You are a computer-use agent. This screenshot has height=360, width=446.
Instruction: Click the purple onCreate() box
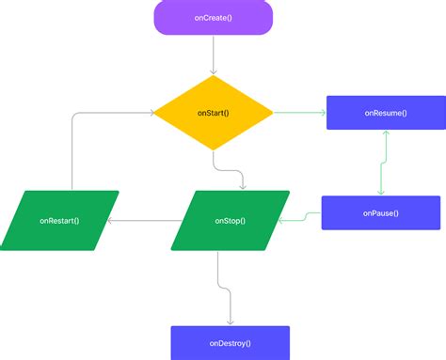tap(214, 17)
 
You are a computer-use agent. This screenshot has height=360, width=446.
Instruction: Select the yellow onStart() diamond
tap(214, 113)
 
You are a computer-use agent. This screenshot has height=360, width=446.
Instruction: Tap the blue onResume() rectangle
tap(385, 113)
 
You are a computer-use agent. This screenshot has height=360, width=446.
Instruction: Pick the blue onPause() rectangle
tap(380, 212)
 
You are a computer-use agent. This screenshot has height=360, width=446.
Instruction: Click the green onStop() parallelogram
tap(230, 221)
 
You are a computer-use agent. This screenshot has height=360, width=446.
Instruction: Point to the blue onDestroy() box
tap(230, 342)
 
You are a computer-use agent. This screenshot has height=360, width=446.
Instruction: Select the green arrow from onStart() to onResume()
tap(299, 113)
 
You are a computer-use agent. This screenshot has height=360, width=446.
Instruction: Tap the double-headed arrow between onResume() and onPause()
tap(383, 163)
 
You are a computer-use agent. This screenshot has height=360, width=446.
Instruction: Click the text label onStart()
tap(214, 113)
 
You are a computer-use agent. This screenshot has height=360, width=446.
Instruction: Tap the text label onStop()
tap(230, 221)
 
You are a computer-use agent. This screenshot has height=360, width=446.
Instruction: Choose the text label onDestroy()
tap(230, 342)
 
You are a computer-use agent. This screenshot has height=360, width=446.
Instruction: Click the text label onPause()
tap(380, 212)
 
